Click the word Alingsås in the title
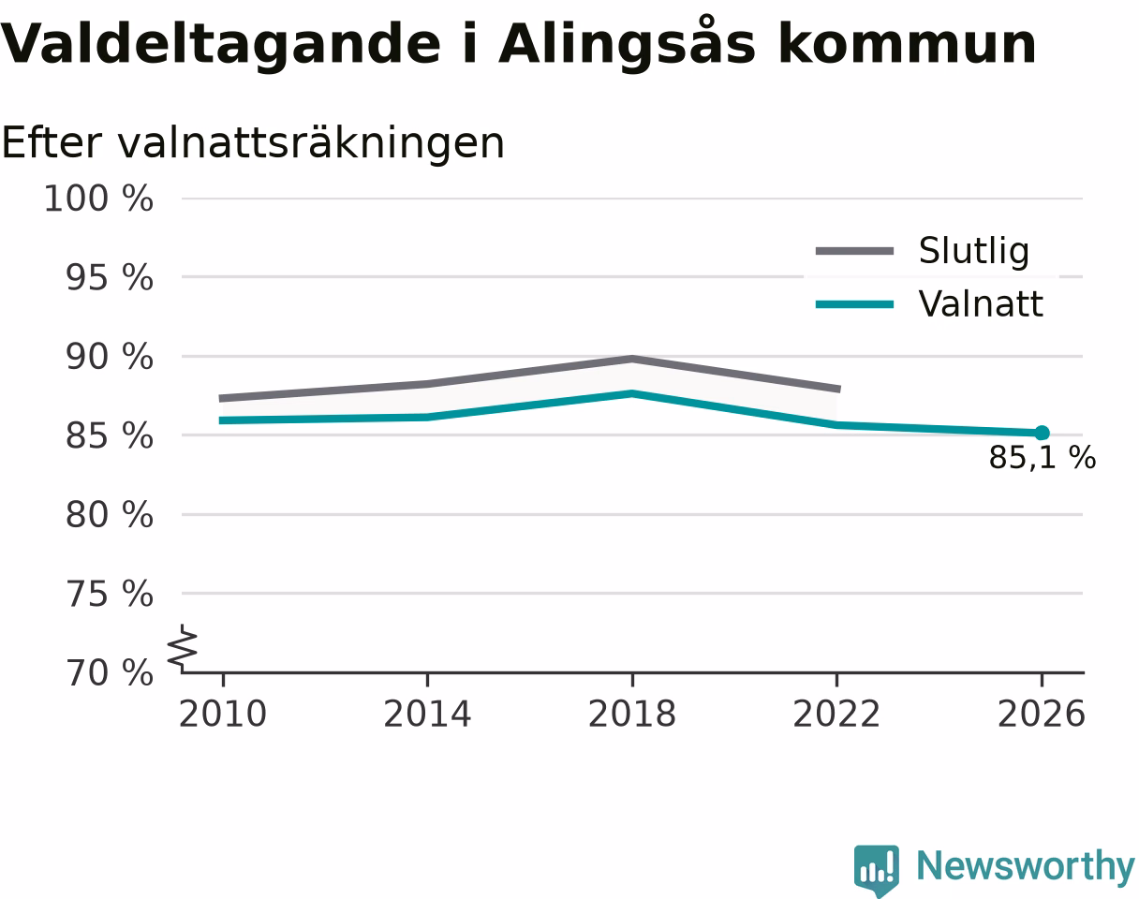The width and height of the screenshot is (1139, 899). pos(627,44)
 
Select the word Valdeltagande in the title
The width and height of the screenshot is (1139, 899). pos(220,45)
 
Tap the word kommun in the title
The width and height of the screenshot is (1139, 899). pos(907,44)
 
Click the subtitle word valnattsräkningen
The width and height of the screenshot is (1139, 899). pos(311,144)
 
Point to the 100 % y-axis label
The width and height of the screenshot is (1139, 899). pos(98,199)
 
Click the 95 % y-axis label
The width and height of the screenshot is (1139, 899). pos(110,278)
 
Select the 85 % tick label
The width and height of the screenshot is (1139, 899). pos(110,436)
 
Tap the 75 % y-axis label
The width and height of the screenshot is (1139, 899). pos(110,595)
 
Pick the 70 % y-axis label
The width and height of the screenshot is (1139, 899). pos(110,673)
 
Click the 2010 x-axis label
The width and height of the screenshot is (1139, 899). pos(223,714)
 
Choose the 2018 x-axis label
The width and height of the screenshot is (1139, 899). pos(632,714)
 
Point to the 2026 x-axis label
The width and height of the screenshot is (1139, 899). pos(1041,714)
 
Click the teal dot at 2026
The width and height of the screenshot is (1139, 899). pos(1042,433)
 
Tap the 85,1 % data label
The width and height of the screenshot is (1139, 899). pos(1043,458)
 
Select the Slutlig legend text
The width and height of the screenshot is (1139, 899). pos(974,251)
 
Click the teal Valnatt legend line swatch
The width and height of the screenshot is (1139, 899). pos(855,304)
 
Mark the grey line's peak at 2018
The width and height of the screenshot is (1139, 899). pos(632,360)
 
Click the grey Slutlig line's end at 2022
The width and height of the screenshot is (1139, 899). pos(839,389)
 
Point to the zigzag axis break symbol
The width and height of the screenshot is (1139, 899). pos(182,644)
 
